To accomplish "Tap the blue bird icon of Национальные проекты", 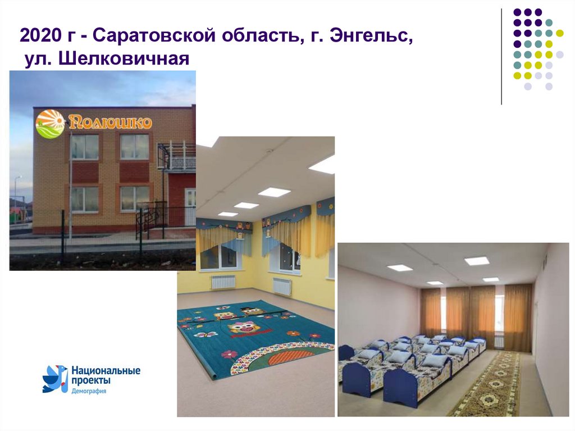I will click(x=54, y=378).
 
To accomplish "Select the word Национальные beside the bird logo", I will click(x=106, y=371).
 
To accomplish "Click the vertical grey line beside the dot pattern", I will click(x=501, y=56).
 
